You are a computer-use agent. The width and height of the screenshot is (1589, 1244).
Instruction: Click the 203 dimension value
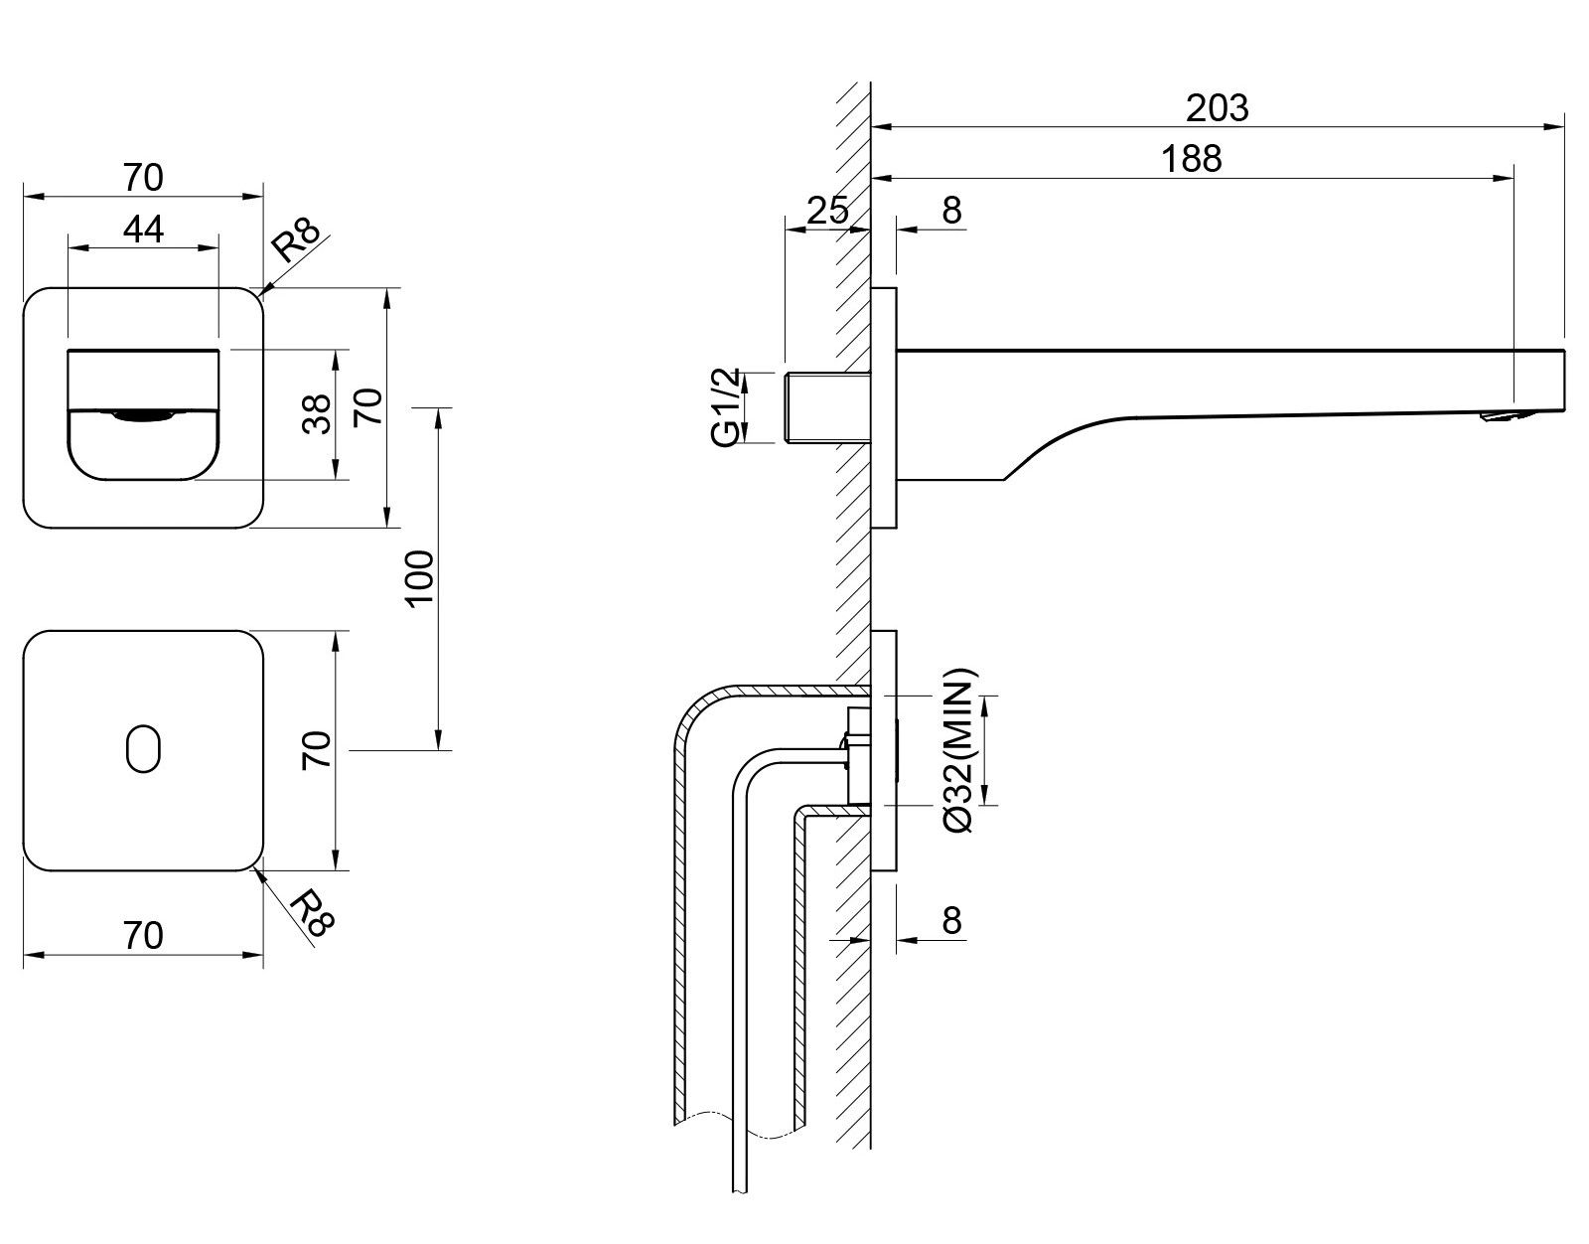pos(1217,107)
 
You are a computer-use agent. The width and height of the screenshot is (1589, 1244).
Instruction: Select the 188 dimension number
pos(1192,159)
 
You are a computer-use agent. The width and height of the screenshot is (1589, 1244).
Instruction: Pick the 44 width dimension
pos(143,230)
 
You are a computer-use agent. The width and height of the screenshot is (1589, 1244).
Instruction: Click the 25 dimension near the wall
pos(826,210)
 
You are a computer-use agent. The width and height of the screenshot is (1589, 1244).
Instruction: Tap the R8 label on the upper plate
pos(297,242)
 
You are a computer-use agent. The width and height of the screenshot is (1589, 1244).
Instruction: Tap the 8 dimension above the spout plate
pos(951,210)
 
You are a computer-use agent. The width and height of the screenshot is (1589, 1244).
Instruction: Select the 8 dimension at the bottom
pos(951,921)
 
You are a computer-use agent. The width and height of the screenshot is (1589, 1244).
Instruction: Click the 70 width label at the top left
pos(143,178)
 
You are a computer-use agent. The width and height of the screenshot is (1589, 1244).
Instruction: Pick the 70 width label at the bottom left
pos(143,935)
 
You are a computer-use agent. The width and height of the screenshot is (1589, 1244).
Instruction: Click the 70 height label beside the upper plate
pos(369,407)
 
